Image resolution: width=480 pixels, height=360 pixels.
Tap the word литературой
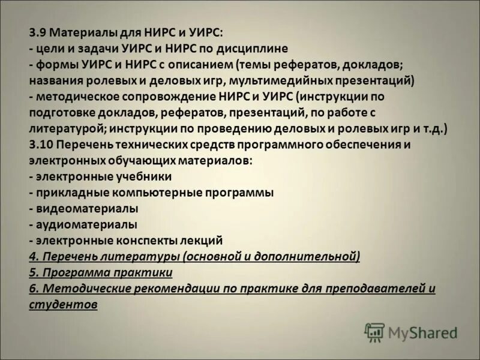click(x=65, y=128)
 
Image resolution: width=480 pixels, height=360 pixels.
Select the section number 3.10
click(x=40, y=145)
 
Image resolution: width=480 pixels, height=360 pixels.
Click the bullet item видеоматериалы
click(x=87, y=209)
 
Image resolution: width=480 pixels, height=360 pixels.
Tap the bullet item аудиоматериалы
click(x=86, y=225)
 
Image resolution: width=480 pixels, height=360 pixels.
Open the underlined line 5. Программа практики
click(x=101, y=273)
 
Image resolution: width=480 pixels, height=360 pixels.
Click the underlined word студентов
click(x=63, y=305)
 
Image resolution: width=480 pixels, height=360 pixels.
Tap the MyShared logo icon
click(x=374, y=332)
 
